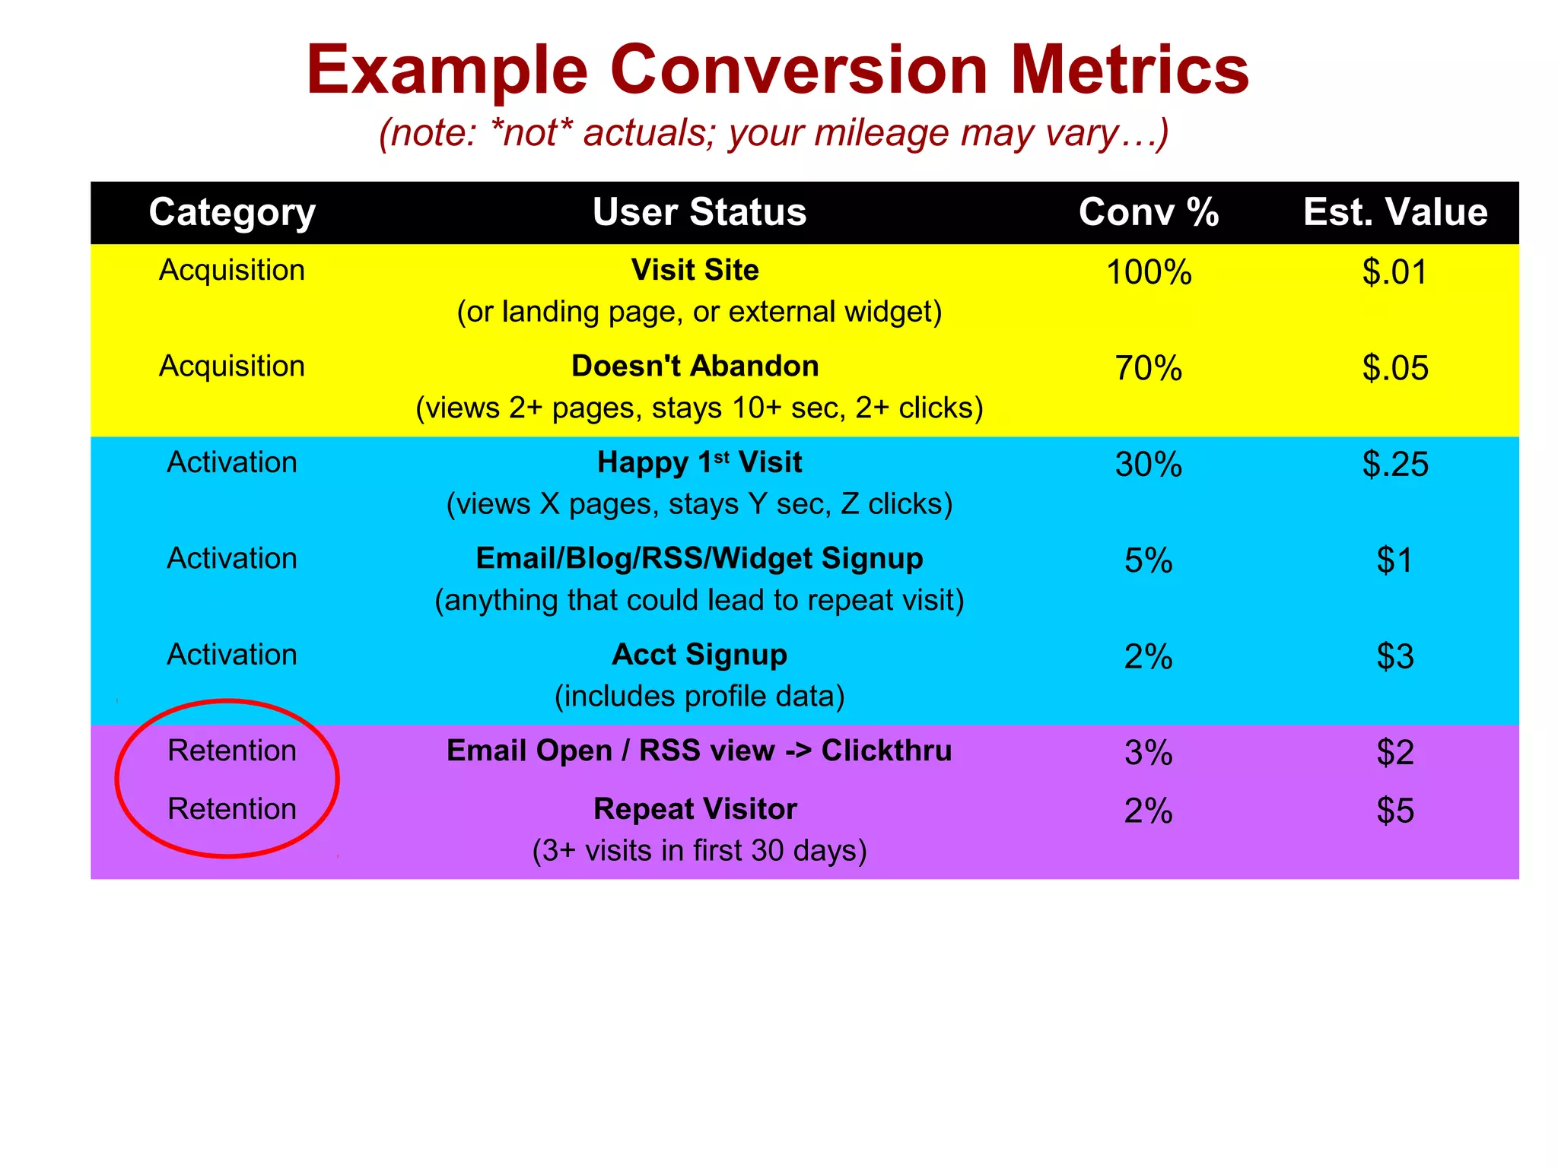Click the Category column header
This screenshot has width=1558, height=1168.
coord(232,212)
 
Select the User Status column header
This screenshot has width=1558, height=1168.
coord(699,212)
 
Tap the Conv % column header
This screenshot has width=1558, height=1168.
coord(1148,212)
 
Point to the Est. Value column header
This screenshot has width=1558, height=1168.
coord(1395,212)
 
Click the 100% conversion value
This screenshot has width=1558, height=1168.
coord(1148,272)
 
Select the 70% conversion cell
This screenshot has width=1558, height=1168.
coord(1148,368)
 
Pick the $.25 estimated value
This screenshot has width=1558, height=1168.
coord(1395,464)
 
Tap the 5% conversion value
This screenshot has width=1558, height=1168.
coord(1148,560)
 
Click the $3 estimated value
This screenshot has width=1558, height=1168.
coord(1395,656)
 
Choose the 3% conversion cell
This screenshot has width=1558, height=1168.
coord(1148,753)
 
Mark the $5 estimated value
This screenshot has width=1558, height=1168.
coord(1395,811)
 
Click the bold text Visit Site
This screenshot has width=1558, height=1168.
coord(695,271)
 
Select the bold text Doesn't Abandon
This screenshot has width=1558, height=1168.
coord(695,367)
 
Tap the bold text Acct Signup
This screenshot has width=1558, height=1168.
coord(699,655)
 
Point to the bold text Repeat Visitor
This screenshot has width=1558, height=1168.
coord(695,809)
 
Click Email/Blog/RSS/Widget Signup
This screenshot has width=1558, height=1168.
coord(699,559)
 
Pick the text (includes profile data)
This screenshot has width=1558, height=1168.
coord(699,697)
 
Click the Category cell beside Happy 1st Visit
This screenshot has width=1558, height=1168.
coord(232,462)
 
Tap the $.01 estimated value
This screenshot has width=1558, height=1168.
coord(1395,272)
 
